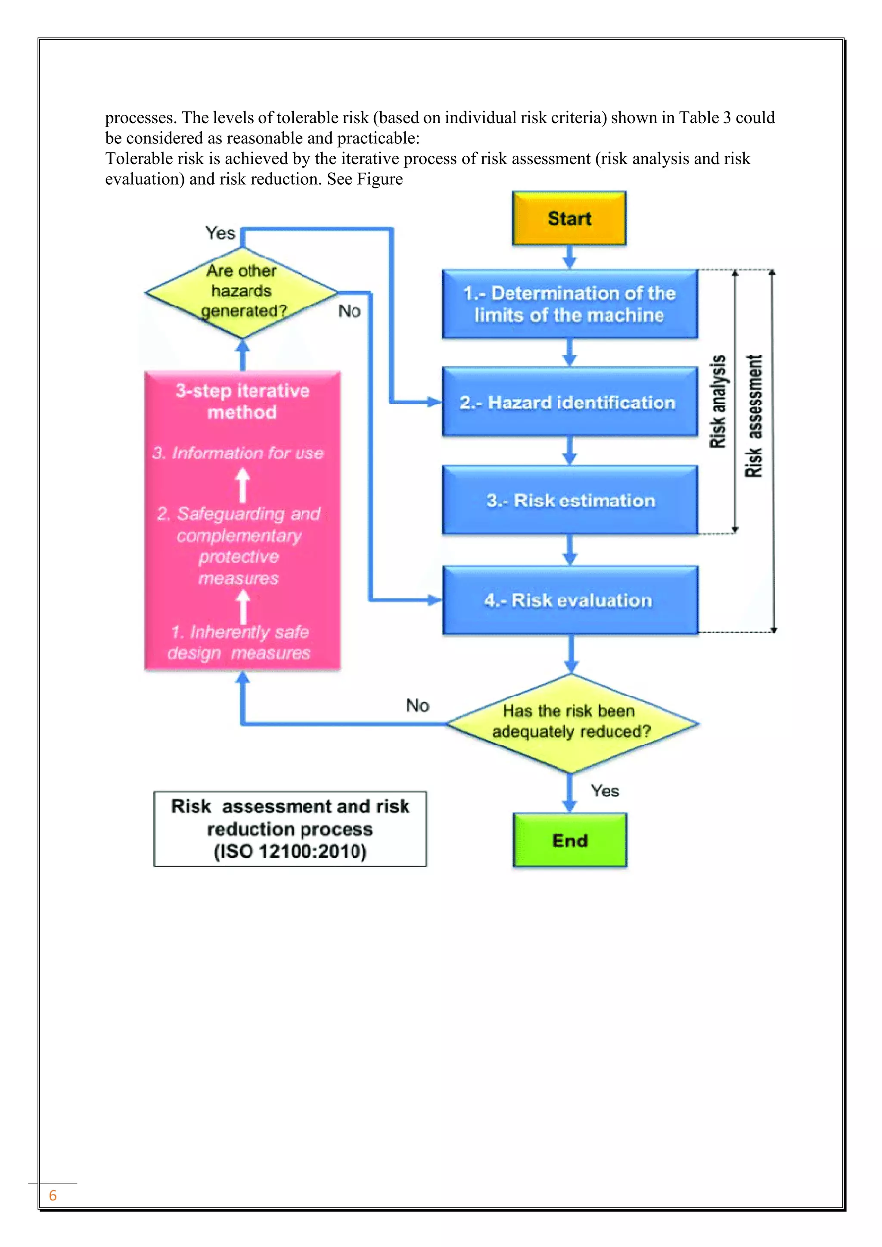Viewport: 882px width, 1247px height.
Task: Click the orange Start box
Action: (x=569, y=218)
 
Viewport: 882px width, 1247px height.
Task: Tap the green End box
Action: (x=570, y=840)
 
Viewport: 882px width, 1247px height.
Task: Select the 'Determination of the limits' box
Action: (x=569, y=304)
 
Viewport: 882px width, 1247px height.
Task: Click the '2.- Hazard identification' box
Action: (x=569, y=403)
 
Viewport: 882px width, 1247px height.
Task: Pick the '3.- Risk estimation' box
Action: (x=569, y=500)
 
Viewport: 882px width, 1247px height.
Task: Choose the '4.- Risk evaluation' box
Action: (x=569, y=600)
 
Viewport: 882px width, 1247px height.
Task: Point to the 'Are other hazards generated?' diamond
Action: (x=242, y=292)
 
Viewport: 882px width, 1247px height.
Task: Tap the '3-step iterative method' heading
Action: (x=242, y=401)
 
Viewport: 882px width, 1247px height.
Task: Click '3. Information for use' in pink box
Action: (x=238, y=453)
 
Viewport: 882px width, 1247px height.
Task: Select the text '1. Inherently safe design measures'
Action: (x=239, y=642)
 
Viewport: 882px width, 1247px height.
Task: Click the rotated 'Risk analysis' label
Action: (x=718, y=402)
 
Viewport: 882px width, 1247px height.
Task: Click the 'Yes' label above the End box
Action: (x=605, y=791)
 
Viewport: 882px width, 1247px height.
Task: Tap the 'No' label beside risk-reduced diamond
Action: (x=417, y=705)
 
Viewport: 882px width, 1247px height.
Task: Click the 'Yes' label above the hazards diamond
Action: (x=220, y=233)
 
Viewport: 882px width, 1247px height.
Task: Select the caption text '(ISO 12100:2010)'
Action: (x=290, y=851)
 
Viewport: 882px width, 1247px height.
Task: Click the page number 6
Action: (x=53, y=1195)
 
